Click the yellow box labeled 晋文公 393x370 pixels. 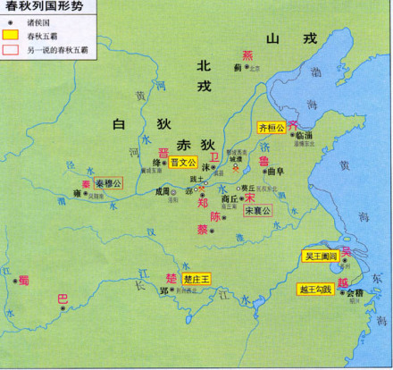point(179,164)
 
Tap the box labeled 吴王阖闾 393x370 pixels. point(319,256)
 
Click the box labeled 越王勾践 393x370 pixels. point(314,289)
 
